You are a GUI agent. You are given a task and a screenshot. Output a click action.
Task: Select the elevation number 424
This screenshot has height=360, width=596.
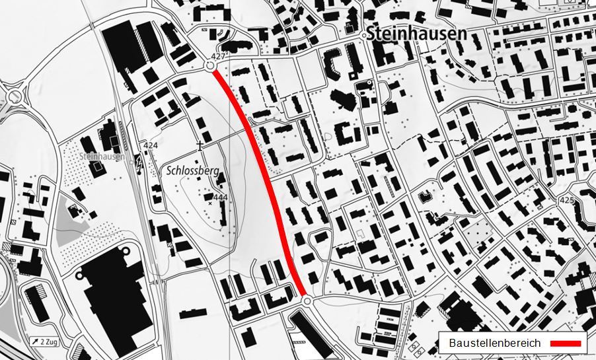[x=149, y=145]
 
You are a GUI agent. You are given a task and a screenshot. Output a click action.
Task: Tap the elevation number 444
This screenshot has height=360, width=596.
[x=220, y=197]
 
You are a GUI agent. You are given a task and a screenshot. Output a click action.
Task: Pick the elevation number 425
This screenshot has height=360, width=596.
[x=566, y=199]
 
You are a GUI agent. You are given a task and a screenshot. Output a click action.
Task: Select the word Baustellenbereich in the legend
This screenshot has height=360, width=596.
[x=494, y=343]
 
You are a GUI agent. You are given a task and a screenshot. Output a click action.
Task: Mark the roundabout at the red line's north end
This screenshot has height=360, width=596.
[x=211, y=66]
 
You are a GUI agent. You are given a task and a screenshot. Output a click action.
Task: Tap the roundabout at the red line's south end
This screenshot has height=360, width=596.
[x=307, y=301]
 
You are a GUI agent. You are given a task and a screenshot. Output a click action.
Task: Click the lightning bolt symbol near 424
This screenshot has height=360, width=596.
[x=139, y=159]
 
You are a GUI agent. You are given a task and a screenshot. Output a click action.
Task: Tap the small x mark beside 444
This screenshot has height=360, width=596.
[x=211, y=203]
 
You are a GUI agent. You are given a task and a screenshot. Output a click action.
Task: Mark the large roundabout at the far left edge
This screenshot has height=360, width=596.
[x=13, y=96]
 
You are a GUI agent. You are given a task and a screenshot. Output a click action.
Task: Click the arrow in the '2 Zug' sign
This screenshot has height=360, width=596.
[x=34, y=342]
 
